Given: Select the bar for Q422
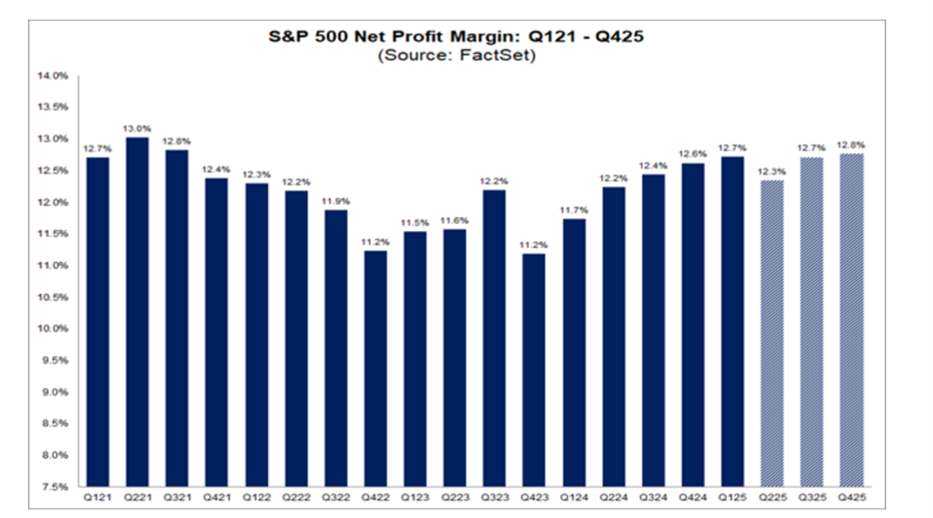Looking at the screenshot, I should point(376,369).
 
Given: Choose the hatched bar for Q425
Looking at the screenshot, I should point(851,319).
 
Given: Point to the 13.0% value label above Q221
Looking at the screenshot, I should point(138,128).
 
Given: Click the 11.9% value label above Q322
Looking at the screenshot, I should point(336,200).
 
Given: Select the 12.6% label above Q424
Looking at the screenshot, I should point(693,153).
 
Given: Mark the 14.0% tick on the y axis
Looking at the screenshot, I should point(54,76).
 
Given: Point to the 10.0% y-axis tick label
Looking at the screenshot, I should point(54,329).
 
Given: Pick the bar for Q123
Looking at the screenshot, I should point(416,359).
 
